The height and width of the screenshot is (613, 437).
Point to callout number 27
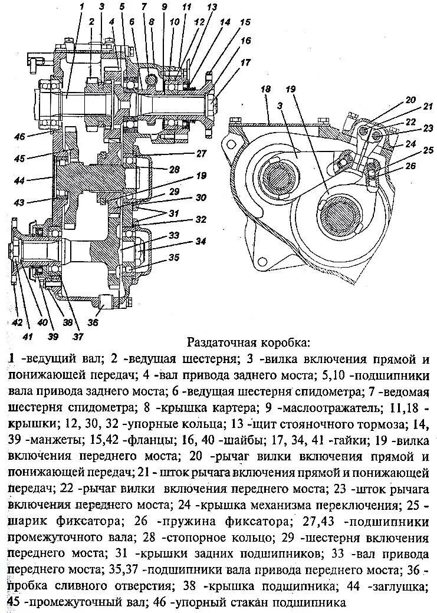[201, 153]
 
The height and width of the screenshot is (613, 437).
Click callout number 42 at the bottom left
[18, 322]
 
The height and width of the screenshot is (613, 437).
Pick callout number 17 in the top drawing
[245, 61]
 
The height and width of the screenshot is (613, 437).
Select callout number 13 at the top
[212, 7]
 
